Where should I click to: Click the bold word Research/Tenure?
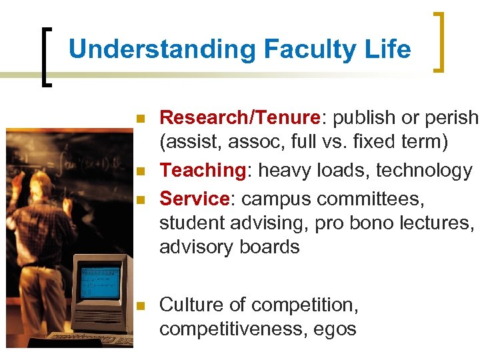click(240, 118)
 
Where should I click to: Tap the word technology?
click(424, 171)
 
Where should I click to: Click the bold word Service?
click(194, 199)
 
